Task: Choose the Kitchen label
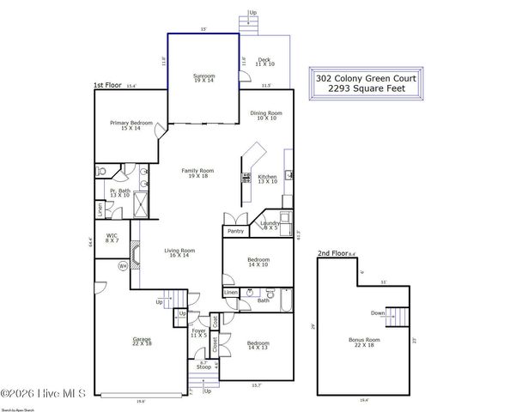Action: (x=268, y=177)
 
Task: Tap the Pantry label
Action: (x=235, y=231)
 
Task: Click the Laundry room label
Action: (x=270, y=225)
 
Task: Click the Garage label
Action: (x=142, y=341)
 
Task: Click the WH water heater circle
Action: (x=122, y=266)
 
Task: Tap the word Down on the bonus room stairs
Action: (x=378, y=313)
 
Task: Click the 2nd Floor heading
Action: (x=333, y=254)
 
